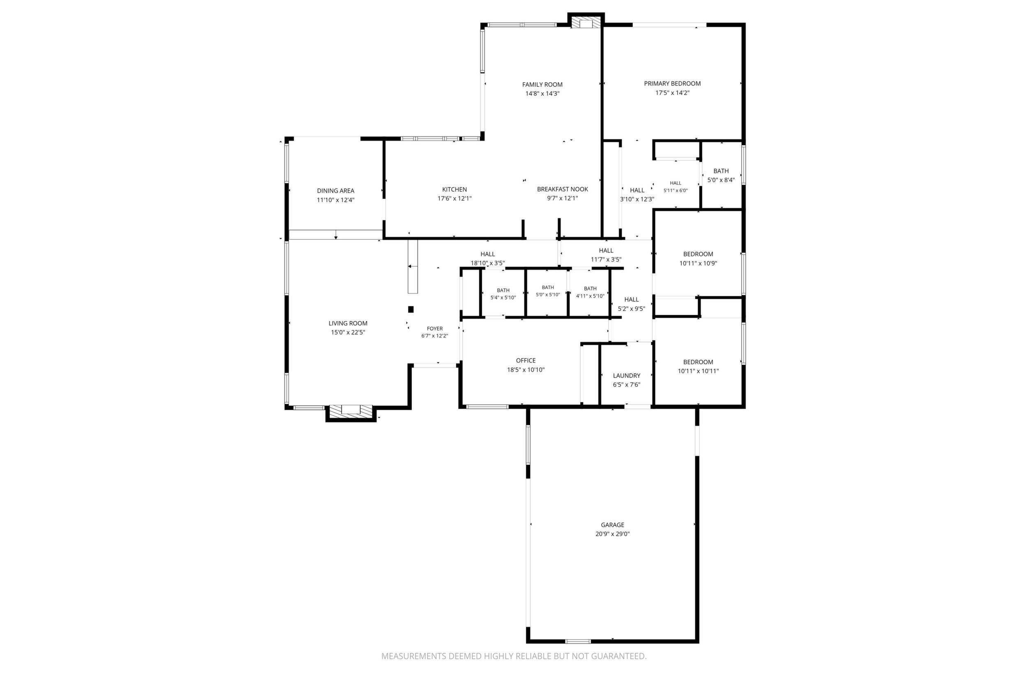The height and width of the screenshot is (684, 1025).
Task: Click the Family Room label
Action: (542, 85)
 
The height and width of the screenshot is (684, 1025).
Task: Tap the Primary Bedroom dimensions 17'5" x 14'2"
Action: (672, 93)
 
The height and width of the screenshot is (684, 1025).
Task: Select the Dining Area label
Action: (336, 191)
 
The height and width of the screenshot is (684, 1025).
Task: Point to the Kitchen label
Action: (455, 189)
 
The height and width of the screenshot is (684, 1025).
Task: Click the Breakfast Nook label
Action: (562, 189)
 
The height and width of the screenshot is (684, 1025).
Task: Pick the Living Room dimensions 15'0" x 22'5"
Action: (348, 333)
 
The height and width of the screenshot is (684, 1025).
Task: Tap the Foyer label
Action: (434, 328)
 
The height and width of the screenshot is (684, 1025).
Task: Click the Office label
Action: (526, 360)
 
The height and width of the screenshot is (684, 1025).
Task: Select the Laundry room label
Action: (627, 376)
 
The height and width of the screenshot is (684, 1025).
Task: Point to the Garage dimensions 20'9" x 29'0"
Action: (613, 534)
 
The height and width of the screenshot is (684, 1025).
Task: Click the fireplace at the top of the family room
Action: (586, 23)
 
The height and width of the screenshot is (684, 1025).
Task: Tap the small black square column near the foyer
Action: (411, 309)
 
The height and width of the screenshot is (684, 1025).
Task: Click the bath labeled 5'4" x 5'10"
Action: (503, 294)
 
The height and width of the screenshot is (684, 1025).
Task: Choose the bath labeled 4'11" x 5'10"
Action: (590, 292)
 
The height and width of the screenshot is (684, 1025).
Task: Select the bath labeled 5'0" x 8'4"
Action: (721, 176)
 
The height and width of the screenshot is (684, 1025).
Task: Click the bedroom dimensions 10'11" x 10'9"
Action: (698, 263)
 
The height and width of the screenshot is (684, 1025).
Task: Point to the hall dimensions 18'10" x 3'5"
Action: (488, 263)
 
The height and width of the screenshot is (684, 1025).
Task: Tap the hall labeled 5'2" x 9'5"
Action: (632, 304)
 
